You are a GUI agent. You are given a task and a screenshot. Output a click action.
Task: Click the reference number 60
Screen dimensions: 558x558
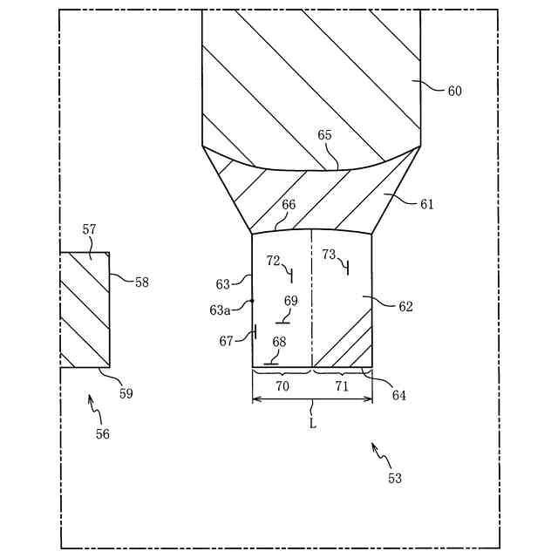454,91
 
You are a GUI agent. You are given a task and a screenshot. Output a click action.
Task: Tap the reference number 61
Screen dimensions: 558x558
426,205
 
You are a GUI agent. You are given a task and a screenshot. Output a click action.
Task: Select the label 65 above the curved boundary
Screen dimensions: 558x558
324,135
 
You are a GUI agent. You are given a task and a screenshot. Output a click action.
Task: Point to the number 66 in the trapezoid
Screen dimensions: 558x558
288,205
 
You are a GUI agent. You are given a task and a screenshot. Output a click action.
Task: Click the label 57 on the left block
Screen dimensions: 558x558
89,229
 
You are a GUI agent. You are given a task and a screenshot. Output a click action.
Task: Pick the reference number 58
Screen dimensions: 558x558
141,282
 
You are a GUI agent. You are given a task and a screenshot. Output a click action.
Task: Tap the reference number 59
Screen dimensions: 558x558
126,393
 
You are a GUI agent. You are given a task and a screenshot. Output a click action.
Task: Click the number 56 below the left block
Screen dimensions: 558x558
103,433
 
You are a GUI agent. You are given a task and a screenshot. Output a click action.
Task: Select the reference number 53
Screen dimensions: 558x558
395,478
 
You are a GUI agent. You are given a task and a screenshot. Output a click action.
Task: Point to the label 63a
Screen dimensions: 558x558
219,309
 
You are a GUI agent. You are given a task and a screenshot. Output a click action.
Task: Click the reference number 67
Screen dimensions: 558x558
227,341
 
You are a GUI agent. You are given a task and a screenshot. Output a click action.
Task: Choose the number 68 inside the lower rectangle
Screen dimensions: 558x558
279,342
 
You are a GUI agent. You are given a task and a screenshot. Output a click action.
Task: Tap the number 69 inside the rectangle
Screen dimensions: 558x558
290,301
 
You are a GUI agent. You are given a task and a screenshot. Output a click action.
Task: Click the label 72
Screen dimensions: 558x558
273,261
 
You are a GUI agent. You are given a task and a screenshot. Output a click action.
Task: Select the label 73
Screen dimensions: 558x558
329,255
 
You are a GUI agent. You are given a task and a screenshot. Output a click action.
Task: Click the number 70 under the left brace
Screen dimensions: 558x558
282,386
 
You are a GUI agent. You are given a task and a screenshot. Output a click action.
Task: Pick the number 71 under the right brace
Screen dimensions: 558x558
341,386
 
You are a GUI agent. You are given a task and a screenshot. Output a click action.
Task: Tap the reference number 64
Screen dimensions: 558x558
398,395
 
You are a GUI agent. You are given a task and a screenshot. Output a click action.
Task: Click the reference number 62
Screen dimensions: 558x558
405,307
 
